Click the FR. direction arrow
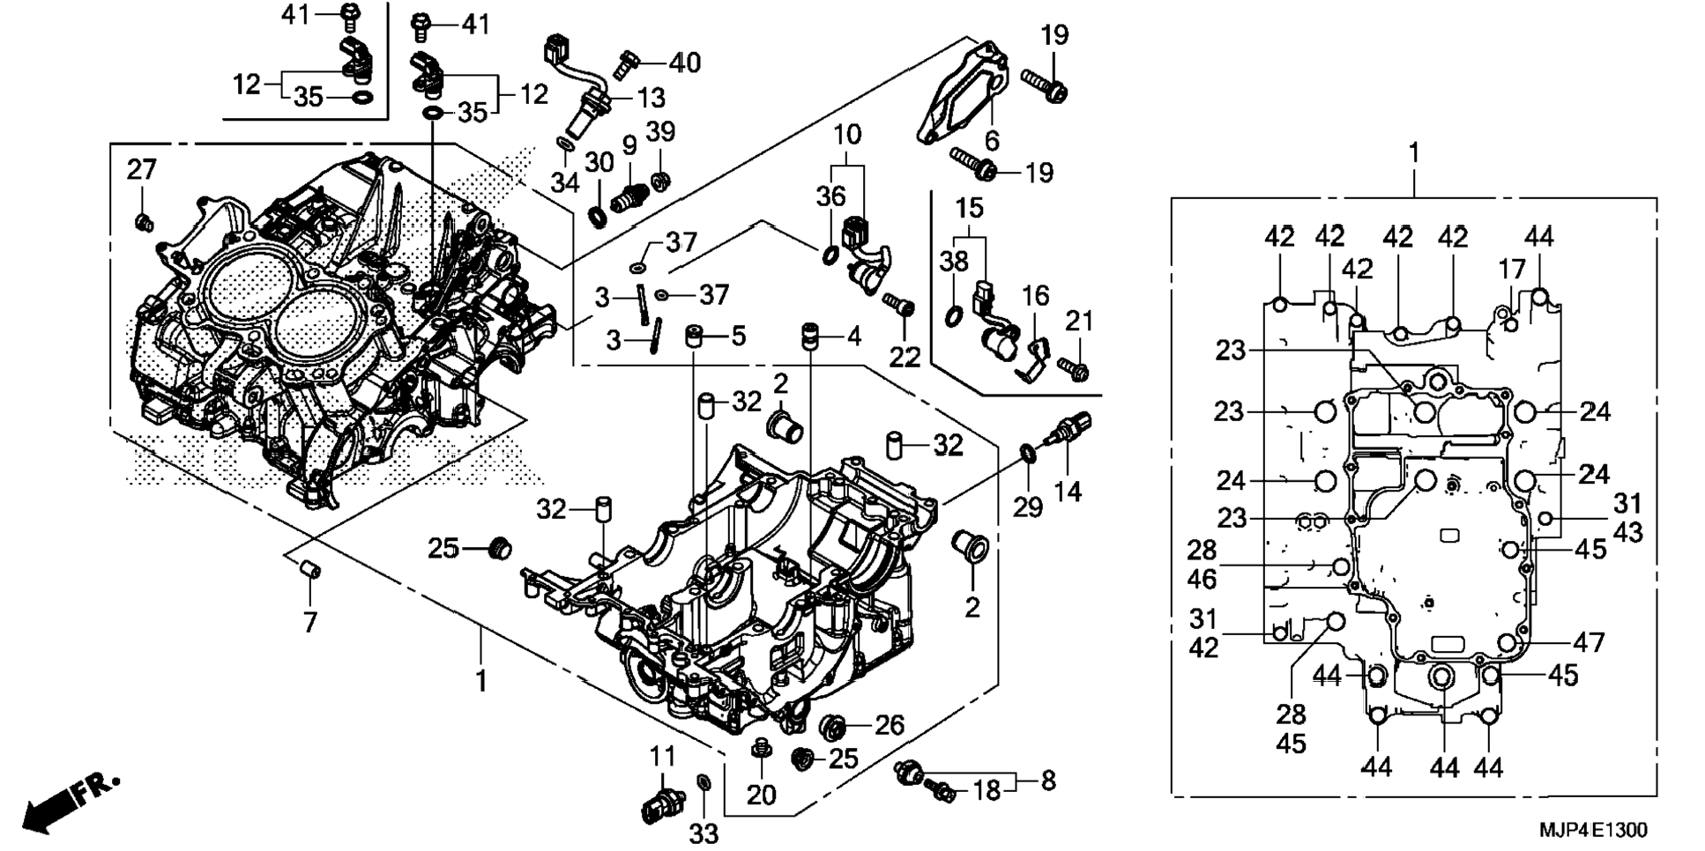tap(66, 803)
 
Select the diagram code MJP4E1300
tap(1592, 830)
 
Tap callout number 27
tap(141, 169)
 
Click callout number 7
tap(309, 622)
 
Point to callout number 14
tap(1068, 491)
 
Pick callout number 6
tap(992, 139)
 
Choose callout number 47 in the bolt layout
tap(1589, 642)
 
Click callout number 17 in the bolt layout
tap(1511, 269)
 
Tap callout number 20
tap(761, 794)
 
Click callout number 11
tap(663, 756)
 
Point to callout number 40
tap(684, 63)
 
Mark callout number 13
tap(651, 97)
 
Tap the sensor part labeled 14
tap(1068, 428)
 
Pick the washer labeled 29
tap(1028, 453)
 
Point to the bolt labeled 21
tap(1073, 367)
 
